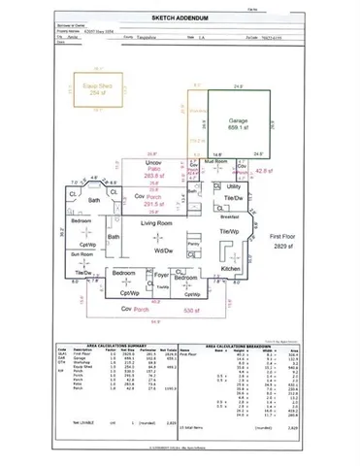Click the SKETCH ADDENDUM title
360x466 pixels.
[x=180, y=17]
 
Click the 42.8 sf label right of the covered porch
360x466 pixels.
[x=260, y=171]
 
